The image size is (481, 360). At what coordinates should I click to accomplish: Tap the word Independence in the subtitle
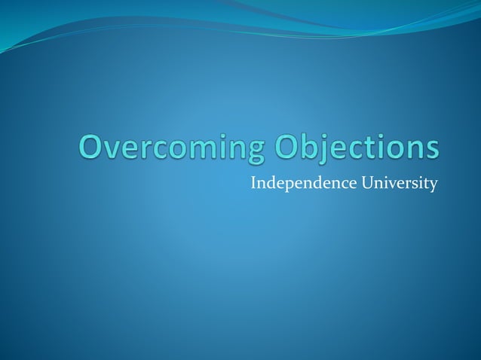pyautogui.click(x=294, y=182)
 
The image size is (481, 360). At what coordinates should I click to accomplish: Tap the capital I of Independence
pyautogui.click(x=253, y=182)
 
